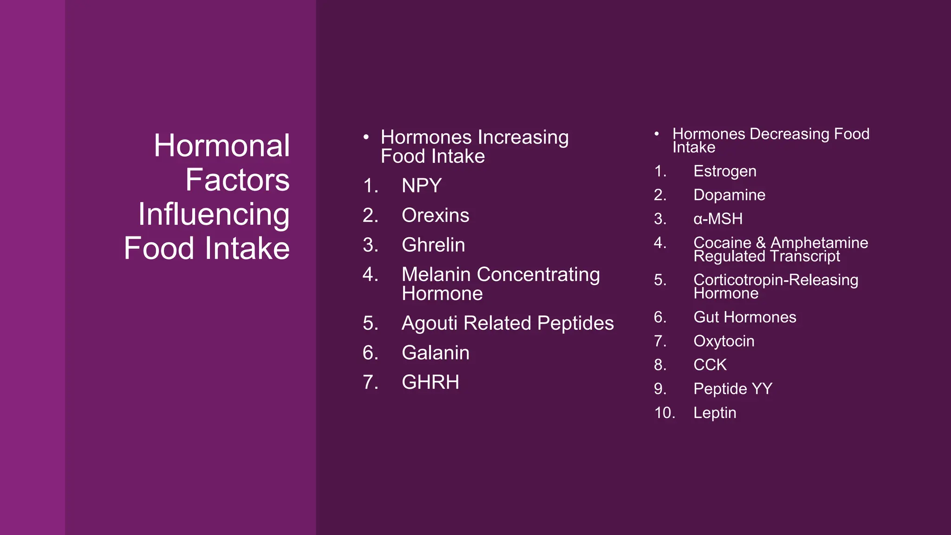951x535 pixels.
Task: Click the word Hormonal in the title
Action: point(221,146)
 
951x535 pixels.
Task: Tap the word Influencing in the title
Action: point(214,215)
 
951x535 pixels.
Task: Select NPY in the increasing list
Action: point(422,186)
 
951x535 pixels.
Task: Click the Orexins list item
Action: point(435,215)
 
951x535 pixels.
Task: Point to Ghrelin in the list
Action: point(433,245)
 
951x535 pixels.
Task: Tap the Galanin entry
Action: point(435,353)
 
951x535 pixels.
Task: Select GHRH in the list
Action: point(430,382)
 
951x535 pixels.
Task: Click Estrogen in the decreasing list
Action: point(724,171)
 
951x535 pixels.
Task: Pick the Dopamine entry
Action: point(729,195)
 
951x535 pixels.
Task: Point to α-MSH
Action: point(718,219)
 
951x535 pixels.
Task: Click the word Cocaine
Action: point(722,242)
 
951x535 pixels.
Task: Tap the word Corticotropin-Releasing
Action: point(775,280)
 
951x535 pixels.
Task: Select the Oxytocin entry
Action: point(723,341)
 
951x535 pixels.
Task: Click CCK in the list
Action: point(710,365)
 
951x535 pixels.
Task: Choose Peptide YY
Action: point(732,389)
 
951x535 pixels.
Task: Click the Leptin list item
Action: point(715,413)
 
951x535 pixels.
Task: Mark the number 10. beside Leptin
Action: point(664,413)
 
